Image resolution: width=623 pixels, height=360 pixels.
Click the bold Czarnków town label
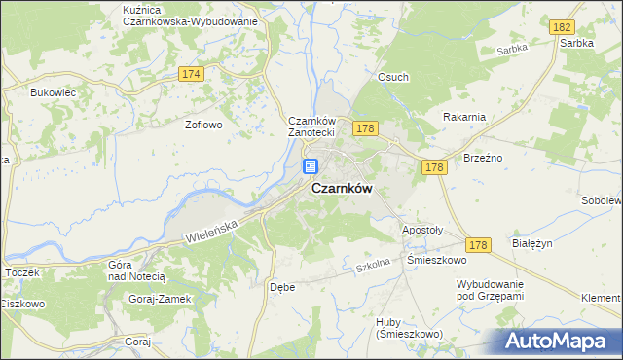342,189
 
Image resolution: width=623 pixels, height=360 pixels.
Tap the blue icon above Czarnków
311,167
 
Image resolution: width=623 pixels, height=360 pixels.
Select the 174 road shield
191,74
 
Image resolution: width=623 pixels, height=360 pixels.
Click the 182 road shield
560,29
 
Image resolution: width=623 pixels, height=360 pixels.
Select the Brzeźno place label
482,157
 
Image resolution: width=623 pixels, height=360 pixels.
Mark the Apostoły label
422,231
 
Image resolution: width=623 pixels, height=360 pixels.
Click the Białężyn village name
532,247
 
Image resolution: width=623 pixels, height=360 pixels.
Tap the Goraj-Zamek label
160,299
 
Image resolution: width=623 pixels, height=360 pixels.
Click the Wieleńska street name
212,231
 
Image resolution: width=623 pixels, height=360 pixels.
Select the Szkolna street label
373,263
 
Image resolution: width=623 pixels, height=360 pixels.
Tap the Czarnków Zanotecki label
311,126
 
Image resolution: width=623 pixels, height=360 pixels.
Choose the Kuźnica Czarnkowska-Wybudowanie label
190,15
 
